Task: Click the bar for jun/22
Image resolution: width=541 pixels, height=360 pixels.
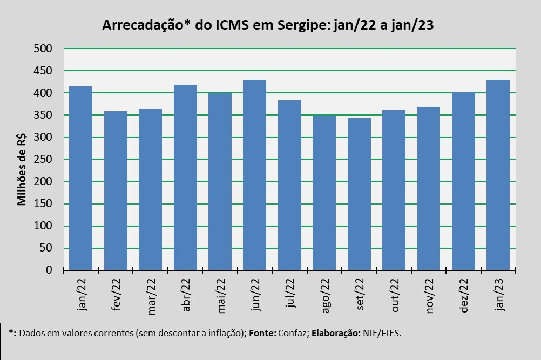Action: click(255, 175)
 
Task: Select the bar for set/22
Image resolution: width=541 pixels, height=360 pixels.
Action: click(359, 194)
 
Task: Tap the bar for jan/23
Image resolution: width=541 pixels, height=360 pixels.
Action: click(498, 175)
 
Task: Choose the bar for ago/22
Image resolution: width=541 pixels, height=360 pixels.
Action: click(324, 192)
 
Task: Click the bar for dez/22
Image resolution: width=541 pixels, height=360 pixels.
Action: click(463, 181)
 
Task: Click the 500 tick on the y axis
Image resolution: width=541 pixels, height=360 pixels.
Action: click(44, 49)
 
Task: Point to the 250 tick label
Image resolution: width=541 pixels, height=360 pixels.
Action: click(44, 159)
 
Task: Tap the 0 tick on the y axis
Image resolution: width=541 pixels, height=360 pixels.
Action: click(49, 270)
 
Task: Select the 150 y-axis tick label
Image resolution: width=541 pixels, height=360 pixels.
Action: click(44, 203)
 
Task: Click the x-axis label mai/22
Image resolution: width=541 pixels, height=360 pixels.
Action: click(221, 295)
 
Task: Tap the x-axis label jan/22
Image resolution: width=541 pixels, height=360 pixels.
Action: click(82, 295)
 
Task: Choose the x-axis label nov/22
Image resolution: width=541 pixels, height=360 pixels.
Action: click(430, 295)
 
